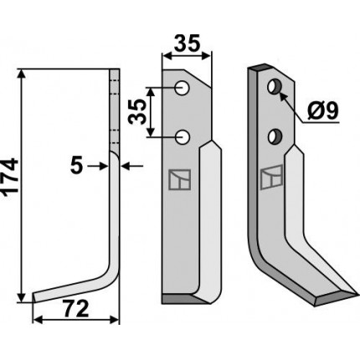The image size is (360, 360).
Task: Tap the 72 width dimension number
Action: [76, 309]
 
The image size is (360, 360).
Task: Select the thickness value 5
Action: [76, 166]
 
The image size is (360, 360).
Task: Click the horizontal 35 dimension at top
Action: [187, 44]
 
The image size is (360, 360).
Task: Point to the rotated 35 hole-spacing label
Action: [137, 111]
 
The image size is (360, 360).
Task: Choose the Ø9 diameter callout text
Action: [322, 111]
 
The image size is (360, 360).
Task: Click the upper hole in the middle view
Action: [183, 88]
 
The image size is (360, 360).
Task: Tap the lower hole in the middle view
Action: [183, 137]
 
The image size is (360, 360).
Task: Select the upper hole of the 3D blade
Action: [275, 86]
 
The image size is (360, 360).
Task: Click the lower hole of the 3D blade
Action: [275, 136]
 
